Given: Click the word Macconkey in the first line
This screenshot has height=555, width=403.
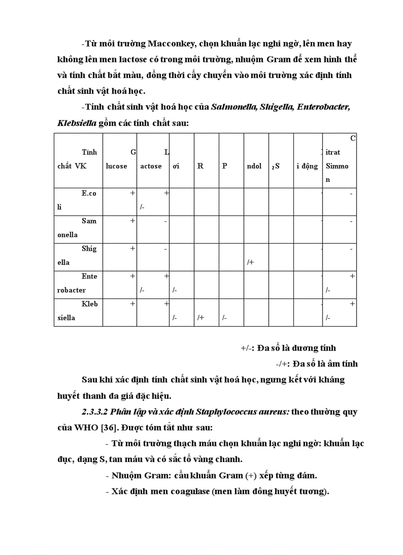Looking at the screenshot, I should pyautogui.click(x=170, y=44).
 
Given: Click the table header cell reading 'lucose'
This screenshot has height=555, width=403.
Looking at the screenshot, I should pyautogui.click(x=116, y=167).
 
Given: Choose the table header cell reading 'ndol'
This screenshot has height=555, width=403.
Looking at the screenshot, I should pyautogui.click(x=254, y=167).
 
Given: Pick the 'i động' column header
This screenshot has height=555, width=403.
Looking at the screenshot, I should pyautogui.click(x=307, y=167).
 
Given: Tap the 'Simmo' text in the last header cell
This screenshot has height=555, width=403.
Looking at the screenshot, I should pyautogui.click(x=337, y=167).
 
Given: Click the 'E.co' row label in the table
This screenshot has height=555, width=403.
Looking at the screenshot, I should pyautogui.click(x=89, y=194).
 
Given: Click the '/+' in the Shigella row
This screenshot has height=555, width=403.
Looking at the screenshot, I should pyautogui.click(x=250, y=263).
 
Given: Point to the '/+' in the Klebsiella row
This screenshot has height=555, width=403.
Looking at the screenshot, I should pyautogui.click(x=201, y=318).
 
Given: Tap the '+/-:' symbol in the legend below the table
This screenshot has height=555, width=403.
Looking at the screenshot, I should pyautogui.click(x=247, y=348).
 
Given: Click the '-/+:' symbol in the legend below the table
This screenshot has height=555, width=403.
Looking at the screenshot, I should pyautogui.click(x=282, y=364).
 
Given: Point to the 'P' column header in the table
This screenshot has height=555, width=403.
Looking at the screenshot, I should pyautogui.click(x=225, y=167).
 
